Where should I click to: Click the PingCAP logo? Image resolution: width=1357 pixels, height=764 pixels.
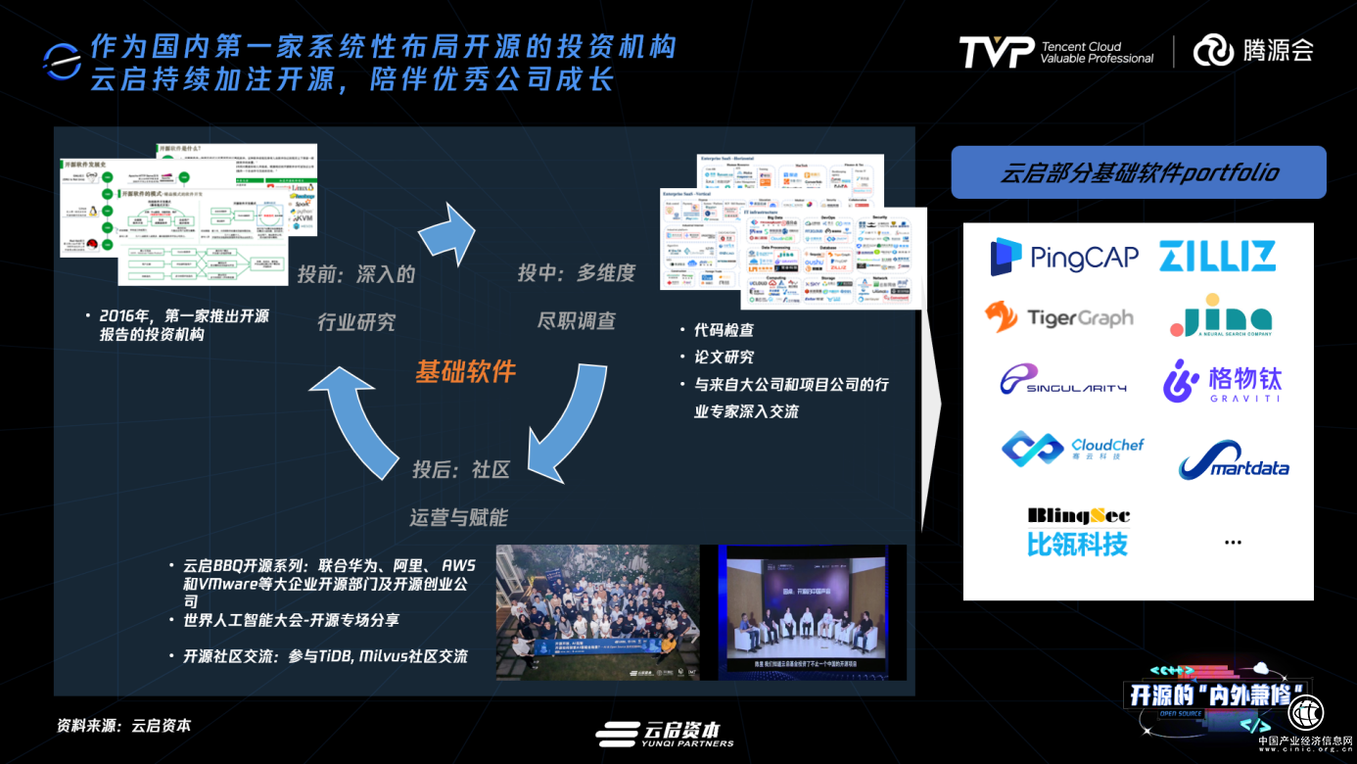pyautogui.click(x=1064, y=257)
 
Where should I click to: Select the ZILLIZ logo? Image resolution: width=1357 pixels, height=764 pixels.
pyautogui.click(x=1217, y=256)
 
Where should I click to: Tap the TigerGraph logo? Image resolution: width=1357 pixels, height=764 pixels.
pyautogui.click(x=1058, y=317)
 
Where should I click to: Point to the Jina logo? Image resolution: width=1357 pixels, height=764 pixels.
pyautogui.click(x=1221, y=316)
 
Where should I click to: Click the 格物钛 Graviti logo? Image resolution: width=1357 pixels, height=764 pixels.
pyautogui.click(x=1222, y=381)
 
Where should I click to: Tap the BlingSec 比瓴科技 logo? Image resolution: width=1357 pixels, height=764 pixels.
pyautogui.click(x=1078, y=532)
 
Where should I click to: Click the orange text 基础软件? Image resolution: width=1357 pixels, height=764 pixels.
pyautogui.click(x=465, y=371)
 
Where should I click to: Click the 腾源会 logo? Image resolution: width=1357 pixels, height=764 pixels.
pyautogui.click(x=1253, y=50)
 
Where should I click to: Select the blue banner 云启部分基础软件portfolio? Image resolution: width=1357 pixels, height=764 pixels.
pyautogui.click(x=1139, y=173)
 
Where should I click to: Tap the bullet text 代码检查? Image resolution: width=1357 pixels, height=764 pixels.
pyautogui.click(x=724, y=330)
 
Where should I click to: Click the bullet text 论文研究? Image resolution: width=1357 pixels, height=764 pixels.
pyautogui.click(x=724, y=357)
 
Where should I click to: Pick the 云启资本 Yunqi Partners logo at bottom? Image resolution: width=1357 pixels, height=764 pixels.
pyautogui.click(x=665, y=734)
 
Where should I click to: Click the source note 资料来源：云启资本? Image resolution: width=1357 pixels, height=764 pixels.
pyautogui.click(x=123, y=726)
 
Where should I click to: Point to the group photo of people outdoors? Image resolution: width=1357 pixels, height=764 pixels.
pyautogui.click(x=597, y=612)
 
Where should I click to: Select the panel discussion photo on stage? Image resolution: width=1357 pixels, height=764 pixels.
pyautogui.click(x=812, y=612)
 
